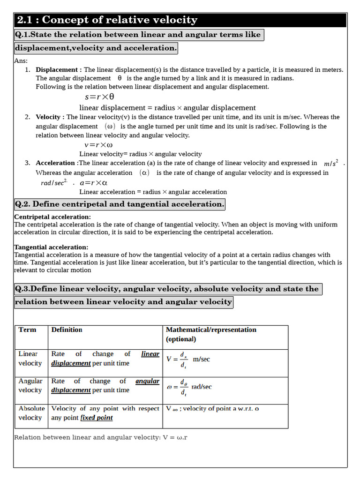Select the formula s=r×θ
click(x=99, y=97)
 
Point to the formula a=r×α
click(x=94, y=183)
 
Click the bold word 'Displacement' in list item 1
click(x=59, y=69)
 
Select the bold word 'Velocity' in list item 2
click(x=48, y=117)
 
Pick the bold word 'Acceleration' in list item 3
click(x=55, y=163)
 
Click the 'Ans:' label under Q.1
click(x=21, y=61)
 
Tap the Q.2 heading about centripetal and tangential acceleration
click(x=119, y=204)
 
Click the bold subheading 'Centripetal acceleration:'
click(x=52, y=217)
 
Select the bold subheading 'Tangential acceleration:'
click(x=51, y=247)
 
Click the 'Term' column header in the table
click(x=27, y=330)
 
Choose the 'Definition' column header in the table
click(x=67, y=330)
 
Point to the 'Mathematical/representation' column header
click(x=211, y=330)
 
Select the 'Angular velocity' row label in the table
click(x=30, y=386)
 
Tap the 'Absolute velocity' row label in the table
click(x=31, y=413)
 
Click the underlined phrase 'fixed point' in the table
click(x=97, y=418)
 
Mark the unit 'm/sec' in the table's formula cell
click(x=202, y=359)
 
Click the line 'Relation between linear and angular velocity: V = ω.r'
click(x=101, y=437)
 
